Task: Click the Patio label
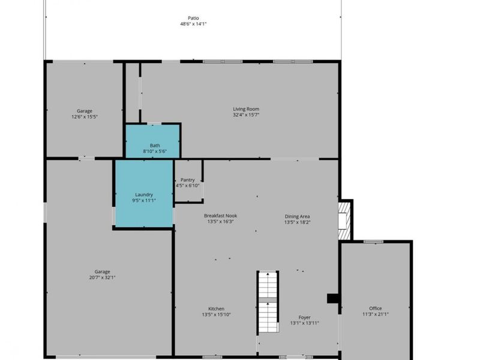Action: pos(193,18)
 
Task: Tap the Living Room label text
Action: pos(246,109)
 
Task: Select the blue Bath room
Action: pos(152,141)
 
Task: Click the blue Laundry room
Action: pos(144,193)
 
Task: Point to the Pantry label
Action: pos(188,180)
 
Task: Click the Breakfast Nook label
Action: pos(220,216)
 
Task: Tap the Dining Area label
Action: pos(297,217)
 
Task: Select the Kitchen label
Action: pos(217,309)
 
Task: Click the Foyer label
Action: pos(305,317)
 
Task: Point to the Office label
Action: pos(376,308)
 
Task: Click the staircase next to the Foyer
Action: pos(268,302)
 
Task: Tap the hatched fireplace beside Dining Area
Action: pos(344,220)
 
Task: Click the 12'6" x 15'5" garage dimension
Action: pos(85,116)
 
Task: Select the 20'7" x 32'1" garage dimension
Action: pos(102,278)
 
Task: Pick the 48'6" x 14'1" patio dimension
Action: pos(193,24)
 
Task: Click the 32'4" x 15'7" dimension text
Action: pos(246,115)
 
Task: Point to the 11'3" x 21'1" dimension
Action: pos(376,314)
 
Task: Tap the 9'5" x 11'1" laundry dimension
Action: pos(144,200)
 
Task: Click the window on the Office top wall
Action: pos(373,242)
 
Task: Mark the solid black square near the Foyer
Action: pos(333,298)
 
